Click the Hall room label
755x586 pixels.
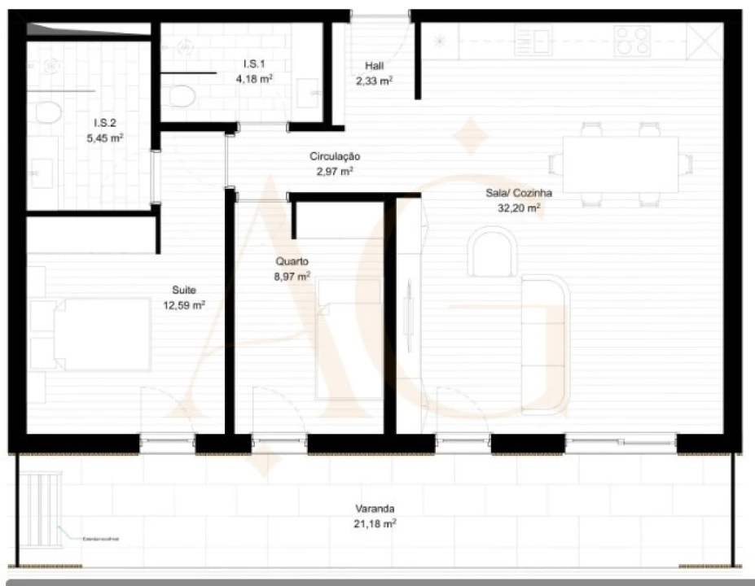coord(374,66)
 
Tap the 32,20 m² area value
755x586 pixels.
coord(520,208)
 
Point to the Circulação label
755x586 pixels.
coord(335,155)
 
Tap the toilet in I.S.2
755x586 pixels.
coord(49,112)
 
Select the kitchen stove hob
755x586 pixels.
coord(632,38)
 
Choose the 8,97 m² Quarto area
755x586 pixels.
coord(292,277)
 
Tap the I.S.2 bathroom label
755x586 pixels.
coord(104,123)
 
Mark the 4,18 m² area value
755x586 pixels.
coord(253,79)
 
